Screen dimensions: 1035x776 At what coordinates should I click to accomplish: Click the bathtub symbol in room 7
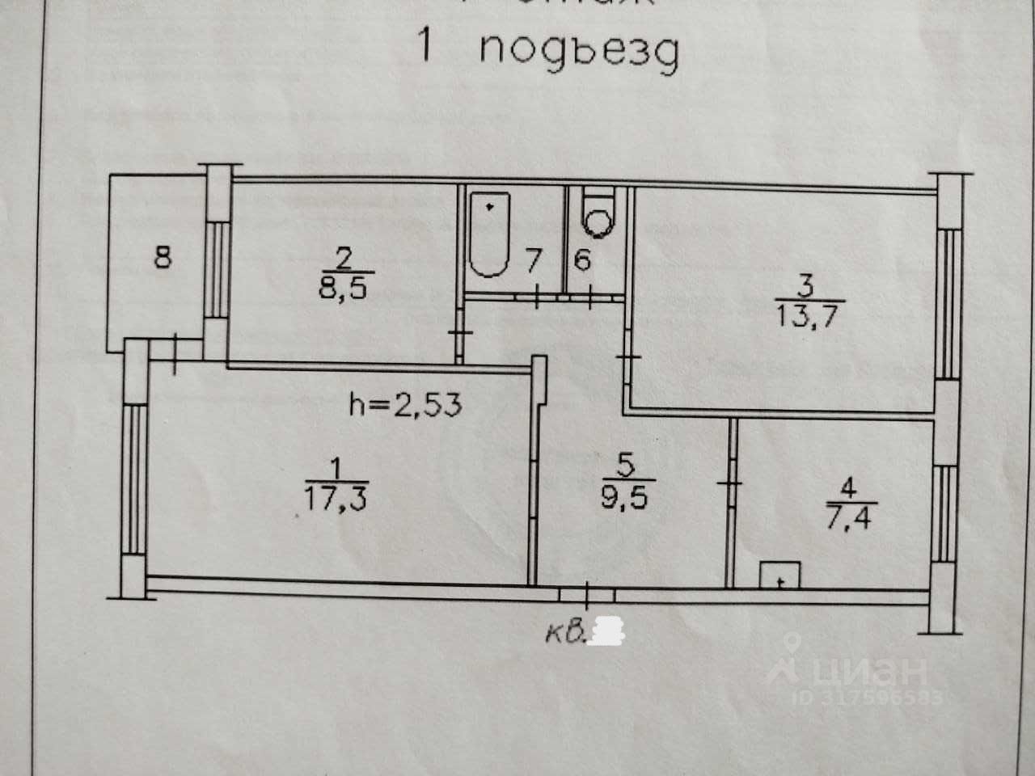tap(488, 234)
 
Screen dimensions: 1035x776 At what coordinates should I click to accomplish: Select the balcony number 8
tap(163, 259)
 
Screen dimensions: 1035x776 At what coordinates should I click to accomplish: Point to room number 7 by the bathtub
tap(532, 261)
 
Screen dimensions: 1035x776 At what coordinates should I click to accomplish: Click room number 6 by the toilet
tap(583, 261)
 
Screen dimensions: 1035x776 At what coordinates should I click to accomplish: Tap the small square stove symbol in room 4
tap(779, 575)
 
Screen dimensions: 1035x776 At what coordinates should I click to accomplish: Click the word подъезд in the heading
tap(578, 52)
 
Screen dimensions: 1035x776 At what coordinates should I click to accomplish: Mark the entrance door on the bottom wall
tap(587, 595)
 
